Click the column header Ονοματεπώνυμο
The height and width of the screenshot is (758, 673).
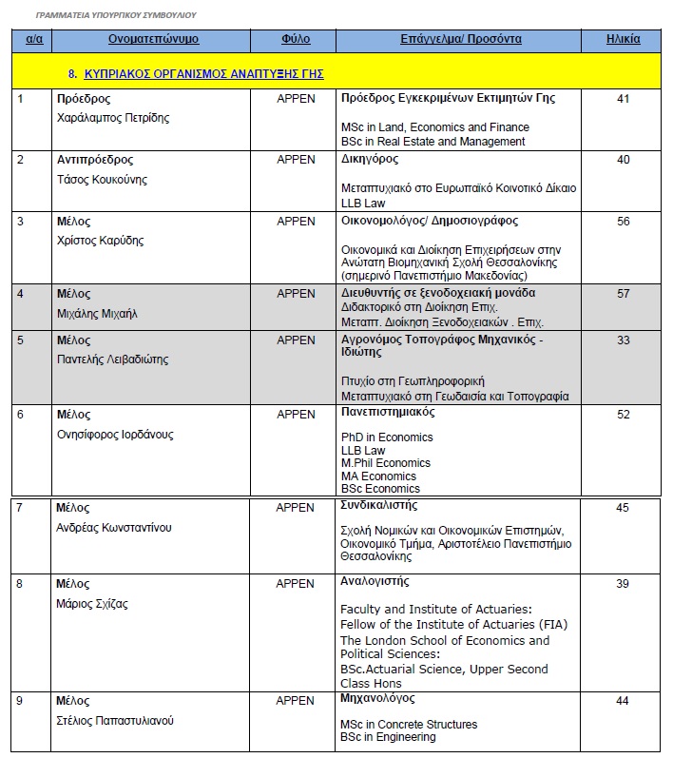point(153,39)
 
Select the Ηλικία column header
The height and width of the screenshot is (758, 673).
point(623,39)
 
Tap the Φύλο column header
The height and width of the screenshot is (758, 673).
point(296,39)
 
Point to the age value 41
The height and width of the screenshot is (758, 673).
point(623,99)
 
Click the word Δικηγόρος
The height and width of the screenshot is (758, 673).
point(370,160)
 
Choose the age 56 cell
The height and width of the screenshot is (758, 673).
point(623,222)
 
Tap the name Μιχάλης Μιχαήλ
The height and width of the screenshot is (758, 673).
point(97,314)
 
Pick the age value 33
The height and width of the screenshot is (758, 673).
point(623,340)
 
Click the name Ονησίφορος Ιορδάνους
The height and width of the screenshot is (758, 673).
point(115,435)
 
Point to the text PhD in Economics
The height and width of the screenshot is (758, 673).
point(387,437)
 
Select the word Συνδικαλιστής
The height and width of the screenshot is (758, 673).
point(378,506)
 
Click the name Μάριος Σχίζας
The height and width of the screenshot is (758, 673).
point(92,604)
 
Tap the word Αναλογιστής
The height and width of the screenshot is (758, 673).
point(375,581)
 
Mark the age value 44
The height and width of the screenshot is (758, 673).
point(623,701)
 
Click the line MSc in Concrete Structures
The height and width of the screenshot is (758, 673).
point(409,725)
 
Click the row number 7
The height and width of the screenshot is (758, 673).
point(20,508)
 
